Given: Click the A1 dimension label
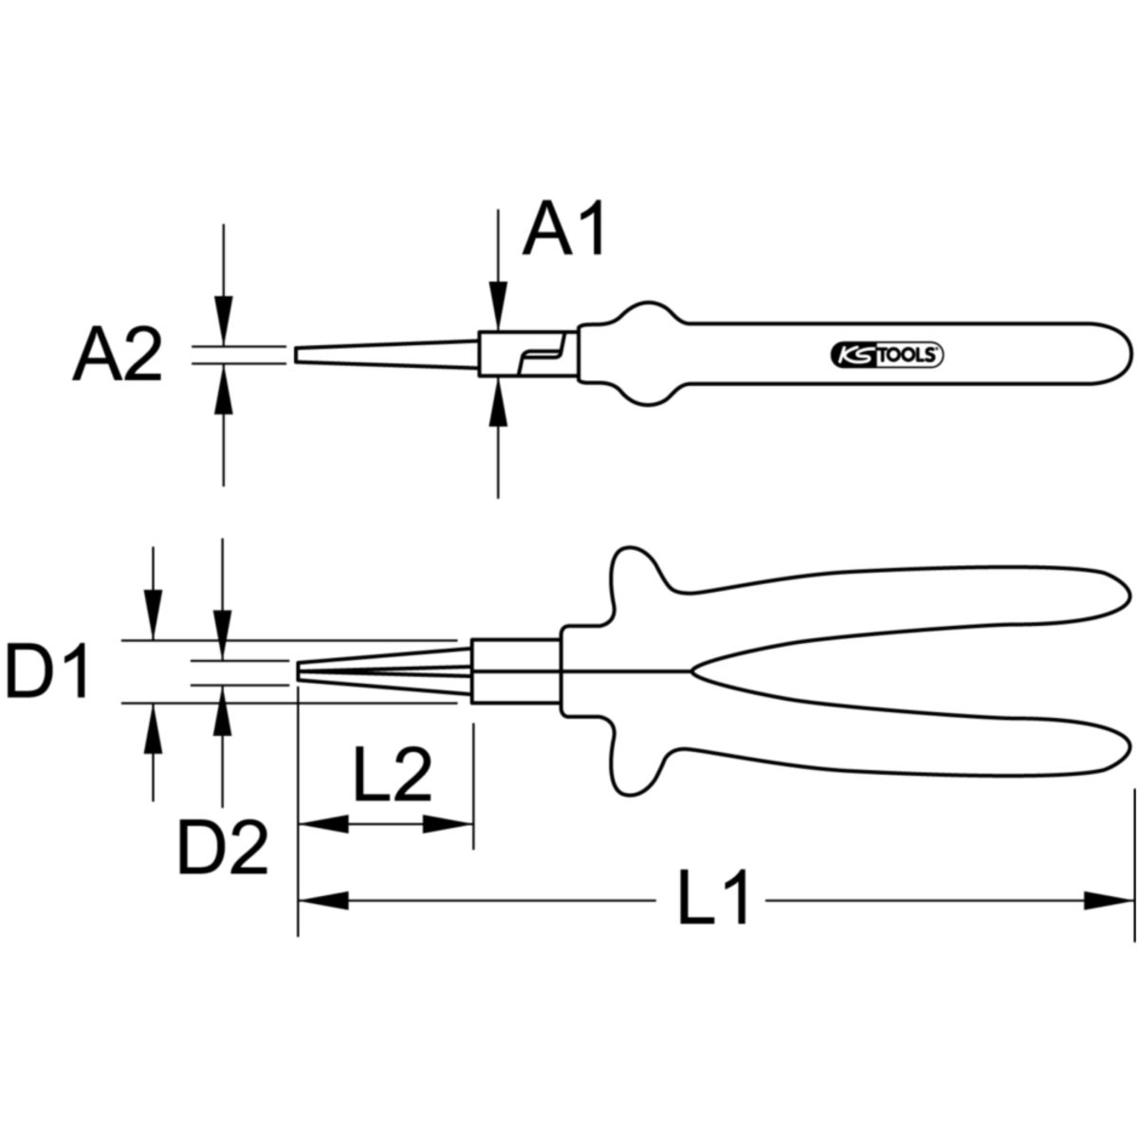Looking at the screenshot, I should (x=565, y=230).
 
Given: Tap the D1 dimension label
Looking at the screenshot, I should (x=47, y=671).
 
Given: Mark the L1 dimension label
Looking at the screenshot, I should (x=713, y=899).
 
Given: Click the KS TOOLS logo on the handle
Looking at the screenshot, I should (x=886, y=355).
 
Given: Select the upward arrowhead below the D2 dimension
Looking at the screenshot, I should (x=223, y=707).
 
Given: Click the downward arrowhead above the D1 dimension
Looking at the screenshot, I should (x=152, y=617).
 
